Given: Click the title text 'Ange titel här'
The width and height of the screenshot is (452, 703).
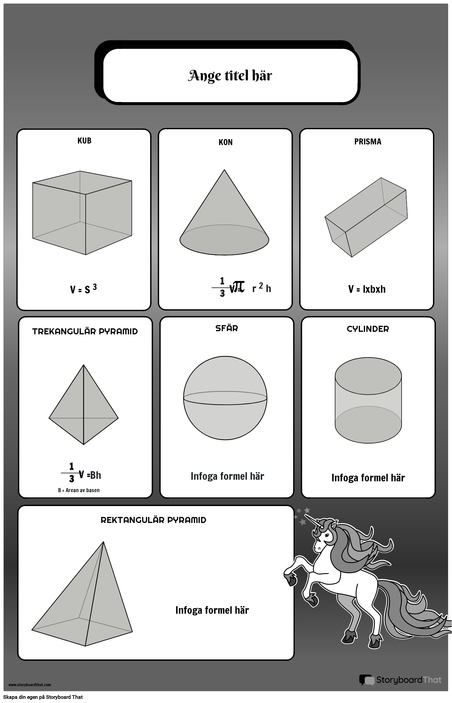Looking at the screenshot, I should pyautogui.click(x=230, y=76).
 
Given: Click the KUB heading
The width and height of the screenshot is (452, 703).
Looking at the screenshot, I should pyautogui.click(x=84, y=141).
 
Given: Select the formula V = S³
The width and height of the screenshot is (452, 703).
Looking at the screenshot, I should pyautogui.click(x=83, y=289).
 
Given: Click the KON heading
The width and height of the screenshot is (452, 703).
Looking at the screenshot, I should pyautogui.click(x=226, y=142).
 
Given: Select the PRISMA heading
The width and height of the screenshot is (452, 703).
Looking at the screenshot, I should pyautogui.click(x=368, y=142).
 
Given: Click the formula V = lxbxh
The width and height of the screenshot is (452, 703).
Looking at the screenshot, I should pyautogui.click(x=367, y=289).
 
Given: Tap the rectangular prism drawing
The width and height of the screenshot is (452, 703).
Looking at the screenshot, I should pyautogui.click(x=366, y=218).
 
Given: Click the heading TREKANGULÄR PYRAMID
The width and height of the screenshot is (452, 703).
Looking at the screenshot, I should pyautogui.click(x=85, y=331).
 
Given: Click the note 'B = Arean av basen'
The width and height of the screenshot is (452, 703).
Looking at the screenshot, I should pyautogui.click(x=79, y=490).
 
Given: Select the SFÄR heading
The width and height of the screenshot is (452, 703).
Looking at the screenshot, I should pyautogui.click(x=226, y=328).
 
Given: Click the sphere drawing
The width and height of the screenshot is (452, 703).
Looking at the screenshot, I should pyautogui.click(x=225, y=398).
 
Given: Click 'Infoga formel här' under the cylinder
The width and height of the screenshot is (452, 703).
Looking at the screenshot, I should pyautogui.click(x=368, y=478).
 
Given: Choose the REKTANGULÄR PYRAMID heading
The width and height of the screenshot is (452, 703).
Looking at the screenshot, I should pyautogui.click(x=154, y=520).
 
